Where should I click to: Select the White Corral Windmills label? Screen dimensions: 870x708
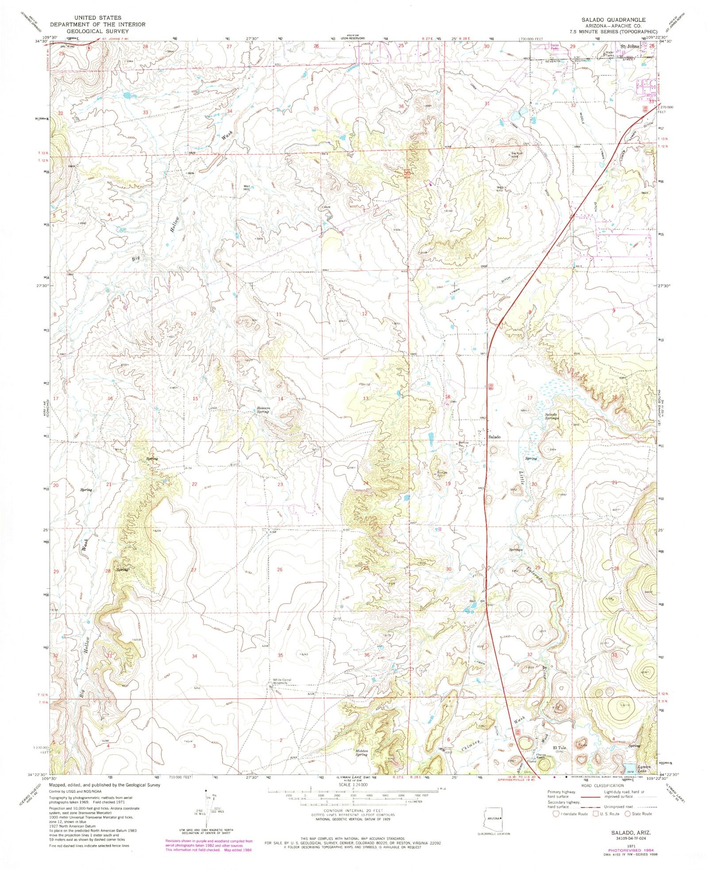click(x=280, y=682)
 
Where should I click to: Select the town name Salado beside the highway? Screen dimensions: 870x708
click(x=494, y=437)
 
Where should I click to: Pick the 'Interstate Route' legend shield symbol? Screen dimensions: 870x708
click(x=556, y=813)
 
